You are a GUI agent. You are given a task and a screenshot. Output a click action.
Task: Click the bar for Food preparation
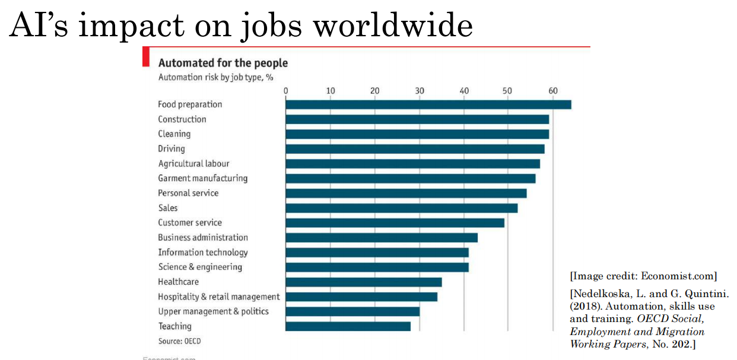coord(428,105)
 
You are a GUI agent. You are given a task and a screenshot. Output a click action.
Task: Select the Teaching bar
coord(348,326)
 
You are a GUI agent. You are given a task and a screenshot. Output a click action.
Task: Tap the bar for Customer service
coord(395,223)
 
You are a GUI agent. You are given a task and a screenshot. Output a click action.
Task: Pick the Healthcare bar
coord(363,282)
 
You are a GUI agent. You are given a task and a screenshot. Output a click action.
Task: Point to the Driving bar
coord(415,149)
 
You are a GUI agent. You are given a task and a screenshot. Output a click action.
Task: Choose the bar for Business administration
coord(381,238)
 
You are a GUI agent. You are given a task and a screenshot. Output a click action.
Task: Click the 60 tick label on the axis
coord(553,91)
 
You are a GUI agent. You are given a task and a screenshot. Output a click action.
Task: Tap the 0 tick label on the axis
coord(286,91)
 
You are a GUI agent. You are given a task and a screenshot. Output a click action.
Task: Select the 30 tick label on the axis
coord(420,91)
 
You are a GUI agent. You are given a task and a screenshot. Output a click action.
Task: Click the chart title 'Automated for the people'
coord(223,63)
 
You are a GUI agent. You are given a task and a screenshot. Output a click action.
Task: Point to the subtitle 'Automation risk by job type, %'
coord(215,77)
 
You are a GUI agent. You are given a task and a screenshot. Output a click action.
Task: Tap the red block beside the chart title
coord(145,57)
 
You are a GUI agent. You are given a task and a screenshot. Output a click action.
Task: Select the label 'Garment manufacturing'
coord(202,179)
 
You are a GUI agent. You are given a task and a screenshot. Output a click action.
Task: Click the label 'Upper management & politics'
coord(213,311)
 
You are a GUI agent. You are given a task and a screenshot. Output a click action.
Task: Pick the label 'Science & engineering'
coord(200,267)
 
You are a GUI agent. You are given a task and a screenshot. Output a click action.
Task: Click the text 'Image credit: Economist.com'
coord(643,276)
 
